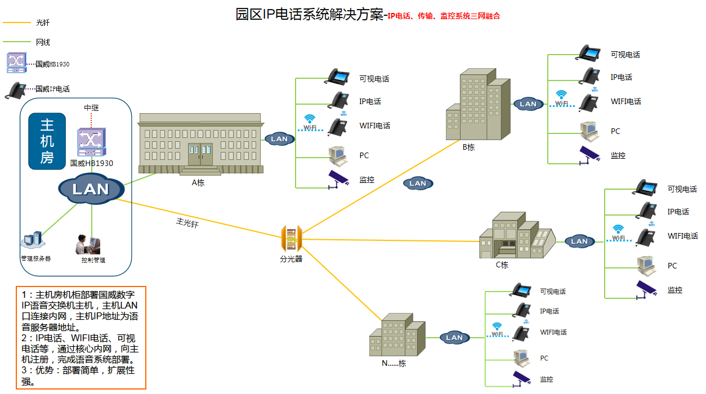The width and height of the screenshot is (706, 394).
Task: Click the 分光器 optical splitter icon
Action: [292, 239]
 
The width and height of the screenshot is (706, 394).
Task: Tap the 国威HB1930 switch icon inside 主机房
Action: [91, 143]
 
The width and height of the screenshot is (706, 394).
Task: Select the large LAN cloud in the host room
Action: [91, 189]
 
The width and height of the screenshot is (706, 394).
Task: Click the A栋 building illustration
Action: [201, 144]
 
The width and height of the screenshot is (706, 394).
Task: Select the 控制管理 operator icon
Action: [88, 244]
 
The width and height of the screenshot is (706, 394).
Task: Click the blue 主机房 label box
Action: [47, 141]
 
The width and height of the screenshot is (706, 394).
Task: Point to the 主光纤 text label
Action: [187, 222]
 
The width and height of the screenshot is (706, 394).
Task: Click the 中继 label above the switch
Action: [91, 108]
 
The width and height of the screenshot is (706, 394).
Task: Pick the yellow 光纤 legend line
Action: [16, 23]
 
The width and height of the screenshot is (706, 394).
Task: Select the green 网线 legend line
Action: [16, 42]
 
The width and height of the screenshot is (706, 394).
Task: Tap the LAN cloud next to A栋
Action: [279, 138]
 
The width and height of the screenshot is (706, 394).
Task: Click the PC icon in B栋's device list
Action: [589, 131]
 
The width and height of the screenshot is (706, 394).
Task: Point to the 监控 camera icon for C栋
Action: [646, 290]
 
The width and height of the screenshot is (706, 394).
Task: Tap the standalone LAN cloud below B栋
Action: [418, 183]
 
